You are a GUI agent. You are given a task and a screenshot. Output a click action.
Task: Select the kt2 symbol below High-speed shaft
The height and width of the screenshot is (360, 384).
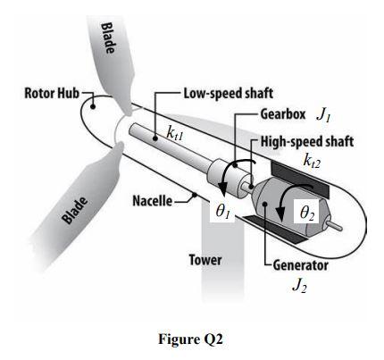313,161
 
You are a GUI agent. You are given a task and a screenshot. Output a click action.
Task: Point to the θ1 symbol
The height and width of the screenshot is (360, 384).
223,212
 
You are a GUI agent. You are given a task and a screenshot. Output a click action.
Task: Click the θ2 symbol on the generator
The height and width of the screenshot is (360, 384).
305,212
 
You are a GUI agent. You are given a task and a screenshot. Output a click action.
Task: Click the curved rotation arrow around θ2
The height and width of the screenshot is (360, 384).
289,201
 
